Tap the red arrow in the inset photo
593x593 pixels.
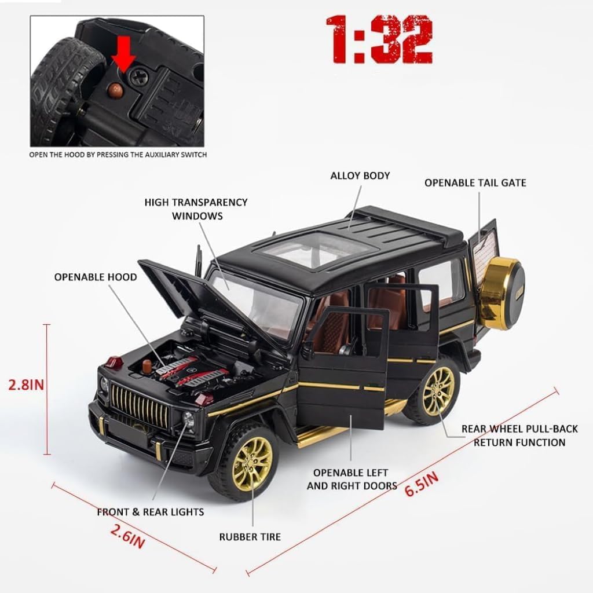[124, 57]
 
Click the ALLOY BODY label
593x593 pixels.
[360, 175]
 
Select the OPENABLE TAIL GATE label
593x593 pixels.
[475, 183]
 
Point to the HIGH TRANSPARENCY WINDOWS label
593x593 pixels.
[196, 208]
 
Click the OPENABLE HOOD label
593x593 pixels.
[96, 277]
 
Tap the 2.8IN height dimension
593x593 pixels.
[25, 384]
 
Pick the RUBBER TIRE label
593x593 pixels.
[250, 537]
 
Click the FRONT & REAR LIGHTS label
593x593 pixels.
[150, 512]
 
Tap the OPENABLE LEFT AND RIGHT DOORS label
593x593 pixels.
[352, 479]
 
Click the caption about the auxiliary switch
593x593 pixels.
[118, 155]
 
